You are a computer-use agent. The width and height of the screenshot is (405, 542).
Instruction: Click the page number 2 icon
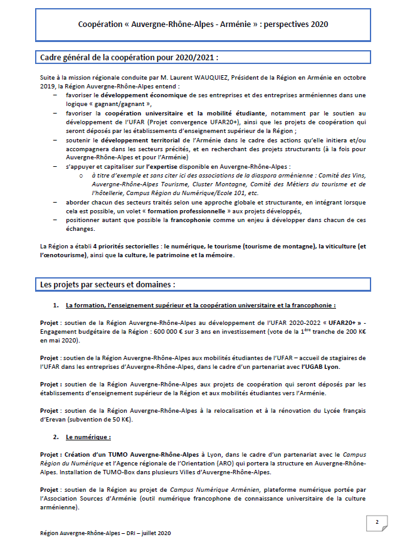(x=377, y=522)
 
